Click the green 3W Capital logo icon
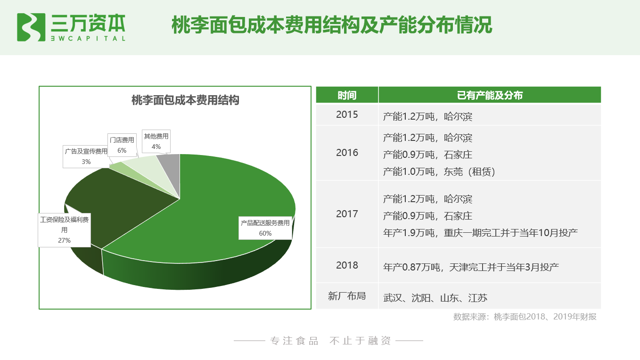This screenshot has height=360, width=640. [x=31, y=27]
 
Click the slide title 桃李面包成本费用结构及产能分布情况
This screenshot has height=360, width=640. [x=332, y=25]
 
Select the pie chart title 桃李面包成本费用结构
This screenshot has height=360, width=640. [x=185, y=100]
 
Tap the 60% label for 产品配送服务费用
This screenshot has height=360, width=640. [x=265, y=228]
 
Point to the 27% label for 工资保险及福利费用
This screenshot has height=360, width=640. [x=64, y=230]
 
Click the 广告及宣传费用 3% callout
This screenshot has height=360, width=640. [x=86, y=156]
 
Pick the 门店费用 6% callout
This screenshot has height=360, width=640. [x=122, y=145]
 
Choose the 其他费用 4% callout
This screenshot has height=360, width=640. [x=156, y=141]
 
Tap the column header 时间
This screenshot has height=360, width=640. [x=347, y=95]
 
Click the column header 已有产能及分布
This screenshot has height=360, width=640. [x=490, y=95]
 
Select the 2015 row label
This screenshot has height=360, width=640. [x=347, y=115]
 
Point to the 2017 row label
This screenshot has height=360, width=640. [x=347, y=214]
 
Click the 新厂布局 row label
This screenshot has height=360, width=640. [x=347, y=296]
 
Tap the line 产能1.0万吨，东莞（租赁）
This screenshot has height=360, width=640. [x=439, y=172]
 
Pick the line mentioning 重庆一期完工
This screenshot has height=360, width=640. [x=480, y=233]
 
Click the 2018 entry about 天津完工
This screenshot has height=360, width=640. [x=471, y=267]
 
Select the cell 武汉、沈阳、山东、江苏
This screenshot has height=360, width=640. [x=435, y=298]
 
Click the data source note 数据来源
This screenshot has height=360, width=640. [x=525, y=317]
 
